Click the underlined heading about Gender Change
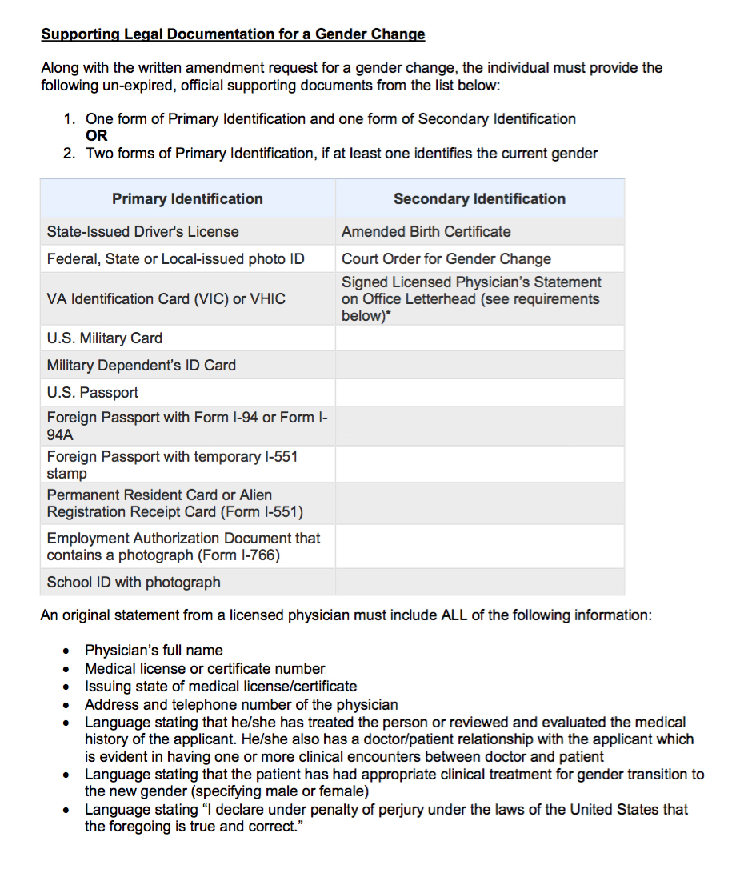click(233, 34)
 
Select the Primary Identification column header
click(187, 199)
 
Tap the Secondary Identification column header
click(479, 199)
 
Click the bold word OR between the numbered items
click(97, 136)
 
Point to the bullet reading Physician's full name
click(154, 651)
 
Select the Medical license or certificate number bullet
click(205, 669)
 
